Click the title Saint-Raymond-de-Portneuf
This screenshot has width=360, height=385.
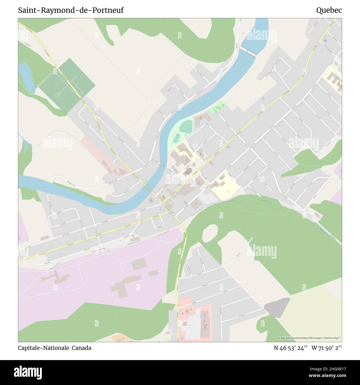click(x=71, y=11)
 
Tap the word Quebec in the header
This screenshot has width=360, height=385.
click(x=329, y=11)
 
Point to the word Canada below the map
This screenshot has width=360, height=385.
click(x=82, y=348)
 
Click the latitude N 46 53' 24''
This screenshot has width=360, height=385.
click(x=291, y=348)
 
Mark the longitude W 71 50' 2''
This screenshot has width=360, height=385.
click(x=327, y=348)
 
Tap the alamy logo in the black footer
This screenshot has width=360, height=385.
click(x=28, y=372)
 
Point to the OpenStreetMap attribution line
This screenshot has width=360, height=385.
click(x=310, y=338)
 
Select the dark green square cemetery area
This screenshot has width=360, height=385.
click(x=66, y=86)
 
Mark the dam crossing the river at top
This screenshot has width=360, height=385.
click(x=248, y=52)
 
